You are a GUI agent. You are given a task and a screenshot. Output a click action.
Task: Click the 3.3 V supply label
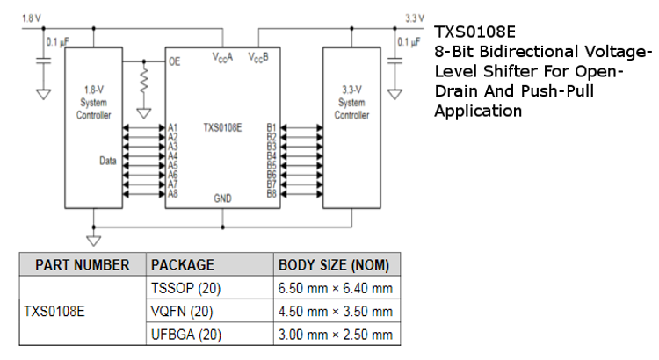[414, 18]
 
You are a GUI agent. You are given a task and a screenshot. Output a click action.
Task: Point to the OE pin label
[174, 61]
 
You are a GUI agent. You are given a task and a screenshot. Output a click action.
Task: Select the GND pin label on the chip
[222, 199]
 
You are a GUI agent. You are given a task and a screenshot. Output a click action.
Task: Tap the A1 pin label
[173, 126]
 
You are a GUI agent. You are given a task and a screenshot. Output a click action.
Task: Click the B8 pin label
[272, 193]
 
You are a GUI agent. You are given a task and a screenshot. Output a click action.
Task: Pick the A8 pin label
[173, 193]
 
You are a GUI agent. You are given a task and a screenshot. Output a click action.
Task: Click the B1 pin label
[272, 126]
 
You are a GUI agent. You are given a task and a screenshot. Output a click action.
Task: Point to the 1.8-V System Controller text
[94, 102]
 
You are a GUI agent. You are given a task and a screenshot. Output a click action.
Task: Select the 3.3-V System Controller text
[351, 102]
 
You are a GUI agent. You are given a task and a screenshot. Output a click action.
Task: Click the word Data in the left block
[107, 161]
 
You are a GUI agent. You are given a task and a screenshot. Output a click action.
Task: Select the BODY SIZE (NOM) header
[333, 264]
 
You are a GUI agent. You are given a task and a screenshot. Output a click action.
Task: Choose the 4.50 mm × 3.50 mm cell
[335, 311]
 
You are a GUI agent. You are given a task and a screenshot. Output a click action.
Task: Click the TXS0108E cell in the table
[54, 311]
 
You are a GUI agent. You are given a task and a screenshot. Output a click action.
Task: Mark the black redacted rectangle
[539, 224]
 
